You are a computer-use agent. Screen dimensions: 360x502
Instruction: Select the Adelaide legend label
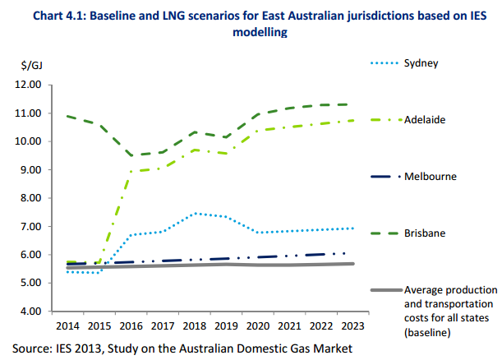[425, 120]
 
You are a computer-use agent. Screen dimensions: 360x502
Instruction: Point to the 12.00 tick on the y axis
[28, 85]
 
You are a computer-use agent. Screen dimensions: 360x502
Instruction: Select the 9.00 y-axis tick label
[28, 170]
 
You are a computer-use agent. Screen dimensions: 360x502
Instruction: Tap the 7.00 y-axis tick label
[28, 227]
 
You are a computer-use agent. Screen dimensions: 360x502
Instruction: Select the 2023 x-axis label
[352, 327]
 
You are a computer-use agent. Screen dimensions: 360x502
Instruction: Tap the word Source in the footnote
[32, 348]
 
